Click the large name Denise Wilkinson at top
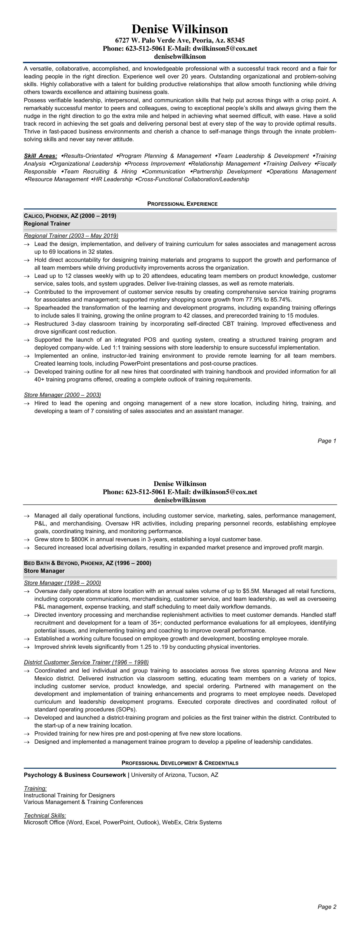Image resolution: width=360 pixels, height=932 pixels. [x=180, y=29]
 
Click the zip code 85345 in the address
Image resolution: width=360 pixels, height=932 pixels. [x=235, y=40]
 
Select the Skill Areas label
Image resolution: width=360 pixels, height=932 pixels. [x=40, y=156]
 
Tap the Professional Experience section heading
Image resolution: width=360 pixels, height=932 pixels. [x=182, y=204]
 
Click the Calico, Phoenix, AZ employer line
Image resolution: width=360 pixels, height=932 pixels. [x=70, y=216]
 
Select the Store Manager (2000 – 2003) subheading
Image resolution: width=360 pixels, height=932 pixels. [x=62, y=395]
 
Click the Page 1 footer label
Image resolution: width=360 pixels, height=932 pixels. [x=327, y=441]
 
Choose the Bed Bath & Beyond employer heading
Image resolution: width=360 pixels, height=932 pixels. [x=87, y=563]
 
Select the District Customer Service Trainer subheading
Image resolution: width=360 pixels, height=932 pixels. [x=86, y=662]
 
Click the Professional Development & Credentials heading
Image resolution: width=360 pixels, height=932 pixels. [x=180, y=763]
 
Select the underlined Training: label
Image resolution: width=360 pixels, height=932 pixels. [x=35, y=788]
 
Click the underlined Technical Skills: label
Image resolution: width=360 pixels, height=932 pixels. [x=45, y=815]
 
